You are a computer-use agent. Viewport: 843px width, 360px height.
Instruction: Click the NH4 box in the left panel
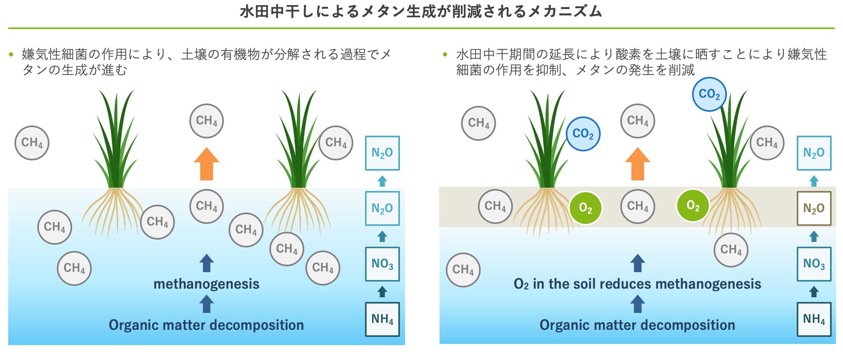pos(382,319)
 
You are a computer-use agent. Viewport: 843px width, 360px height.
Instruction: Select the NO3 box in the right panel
pos(814,264)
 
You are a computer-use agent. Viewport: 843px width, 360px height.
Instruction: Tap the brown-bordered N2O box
pos(814,208)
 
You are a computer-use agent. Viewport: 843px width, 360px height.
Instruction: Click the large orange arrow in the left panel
pos(207,164)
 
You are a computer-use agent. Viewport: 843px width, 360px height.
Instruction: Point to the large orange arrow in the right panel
pos(638,164)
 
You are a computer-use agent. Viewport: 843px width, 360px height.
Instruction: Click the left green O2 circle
pos(585,208)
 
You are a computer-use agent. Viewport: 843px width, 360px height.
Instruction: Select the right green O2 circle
pos(693,206)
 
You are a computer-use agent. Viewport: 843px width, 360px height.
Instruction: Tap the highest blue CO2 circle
pos(709,94)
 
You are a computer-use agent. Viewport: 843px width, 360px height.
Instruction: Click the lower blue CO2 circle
pos(583,134)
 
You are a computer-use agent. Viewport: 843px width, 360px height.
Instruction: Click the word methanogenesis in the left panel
pos(206,284)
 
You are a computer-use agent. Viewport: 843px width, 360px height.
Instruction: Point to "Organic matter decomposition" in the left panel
pos(206,325)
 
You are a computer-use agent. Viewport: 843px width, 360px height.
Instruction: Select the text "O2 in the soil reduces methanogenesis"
pos(637,284)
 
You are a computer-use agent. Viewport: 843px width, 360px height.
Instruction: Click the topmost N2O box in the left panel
pos(382,153)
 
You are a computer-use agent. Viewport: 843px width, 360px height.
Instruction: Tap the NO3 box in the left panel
pos(382,264)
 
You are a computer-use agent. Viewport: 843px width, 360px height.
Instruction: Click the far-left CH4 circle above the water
pos(32,143)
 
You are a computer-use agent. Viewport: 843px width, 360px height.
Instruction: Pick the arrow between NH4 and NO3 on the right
pos(814,292)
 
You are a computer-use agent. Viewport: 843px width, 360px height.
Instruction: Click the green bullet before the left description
pos(11,54)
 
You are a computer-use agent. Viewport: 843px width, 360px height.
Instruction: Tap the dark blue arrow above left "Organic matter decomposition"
pos(207,304)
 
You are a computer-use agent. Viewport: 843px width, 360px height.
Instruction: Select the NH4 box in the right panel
pos(814,319)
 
